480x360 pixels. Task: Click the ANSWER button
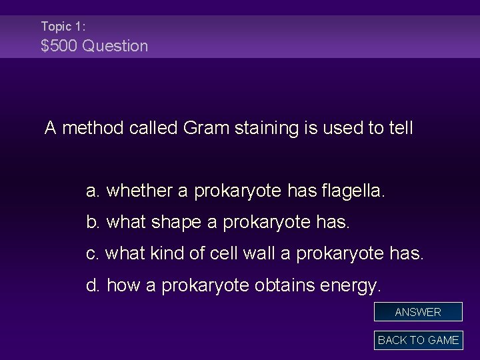[x=418, y=312]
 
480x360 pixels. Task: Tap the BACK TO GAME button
[x=418, y=340]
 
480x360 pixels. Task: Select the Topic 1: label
[x=63, y=27]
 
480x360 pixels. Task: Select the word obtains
[x=283, y=286]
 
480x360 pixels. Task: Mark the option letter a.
[x=93, y=192]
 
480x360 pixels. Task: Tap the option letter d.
[x=93, y=286]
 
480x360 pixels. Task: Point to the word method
[x=89, y=128]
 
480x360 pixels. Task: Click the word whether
[x=138, y=192]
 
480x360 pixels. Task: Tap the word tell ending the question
[x=401, y=128]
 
